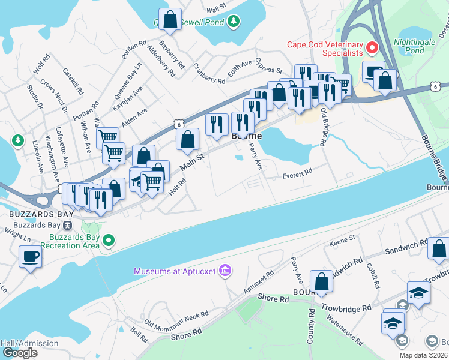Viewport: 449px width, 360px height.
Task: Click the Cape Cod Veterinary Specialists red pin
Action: coord(372,47)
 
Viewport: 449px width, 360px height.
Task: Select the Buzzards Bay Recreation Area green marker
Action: coord(109,241)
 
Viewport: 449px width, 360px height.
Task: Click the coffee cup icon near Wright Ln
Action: coord(29,257)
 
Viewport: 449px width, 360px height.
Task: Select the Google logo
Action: coord(20,353)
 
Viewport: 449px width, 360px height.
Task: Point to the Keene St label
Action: coord(343,242)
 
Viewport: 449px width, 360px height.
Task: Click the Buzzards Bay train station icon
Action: coord(68,226)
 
